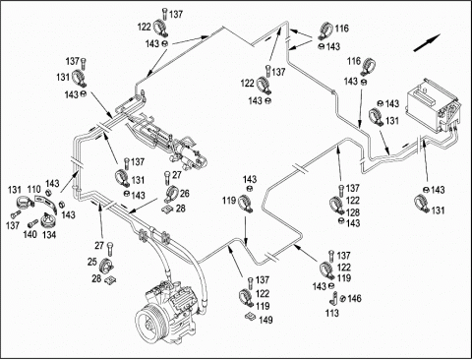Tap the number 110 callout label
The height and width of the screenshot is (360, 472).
point(33,190)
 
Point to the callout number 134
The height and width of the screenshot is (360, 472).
point(49,235)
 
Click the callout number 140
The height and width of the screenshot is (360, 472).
point(29,235)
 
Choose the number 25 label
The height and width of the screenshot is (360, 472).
point(92,262)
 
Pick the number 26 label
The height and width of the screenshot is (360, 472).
point(185,193)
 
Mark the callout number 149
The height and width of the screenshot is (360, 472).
point(265,320)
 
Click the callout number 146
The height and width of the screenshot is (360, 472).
point(354,298)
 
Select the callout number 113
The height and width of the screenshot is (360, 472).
point(332,313)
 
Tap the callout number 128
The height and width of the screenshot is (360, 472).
point(353,212)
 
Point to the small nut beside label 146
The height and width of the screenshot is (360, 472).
point(343,299)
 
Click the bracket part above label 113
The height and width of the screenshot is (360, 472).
point(333,299)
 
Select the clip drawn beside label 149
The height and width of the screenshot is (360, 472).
point(251,317)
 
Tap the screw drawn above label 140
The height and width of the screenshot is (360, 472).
point(32,224)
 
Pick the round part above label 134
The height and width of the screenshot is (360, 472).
point(48,220)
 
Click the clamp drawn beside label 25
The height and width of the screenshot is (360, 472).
point(106,266)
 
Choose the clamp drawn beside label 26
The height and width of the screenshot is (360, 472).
point(172,194)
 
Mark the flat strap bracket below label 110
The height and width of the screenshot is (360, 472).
point(44,204)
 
